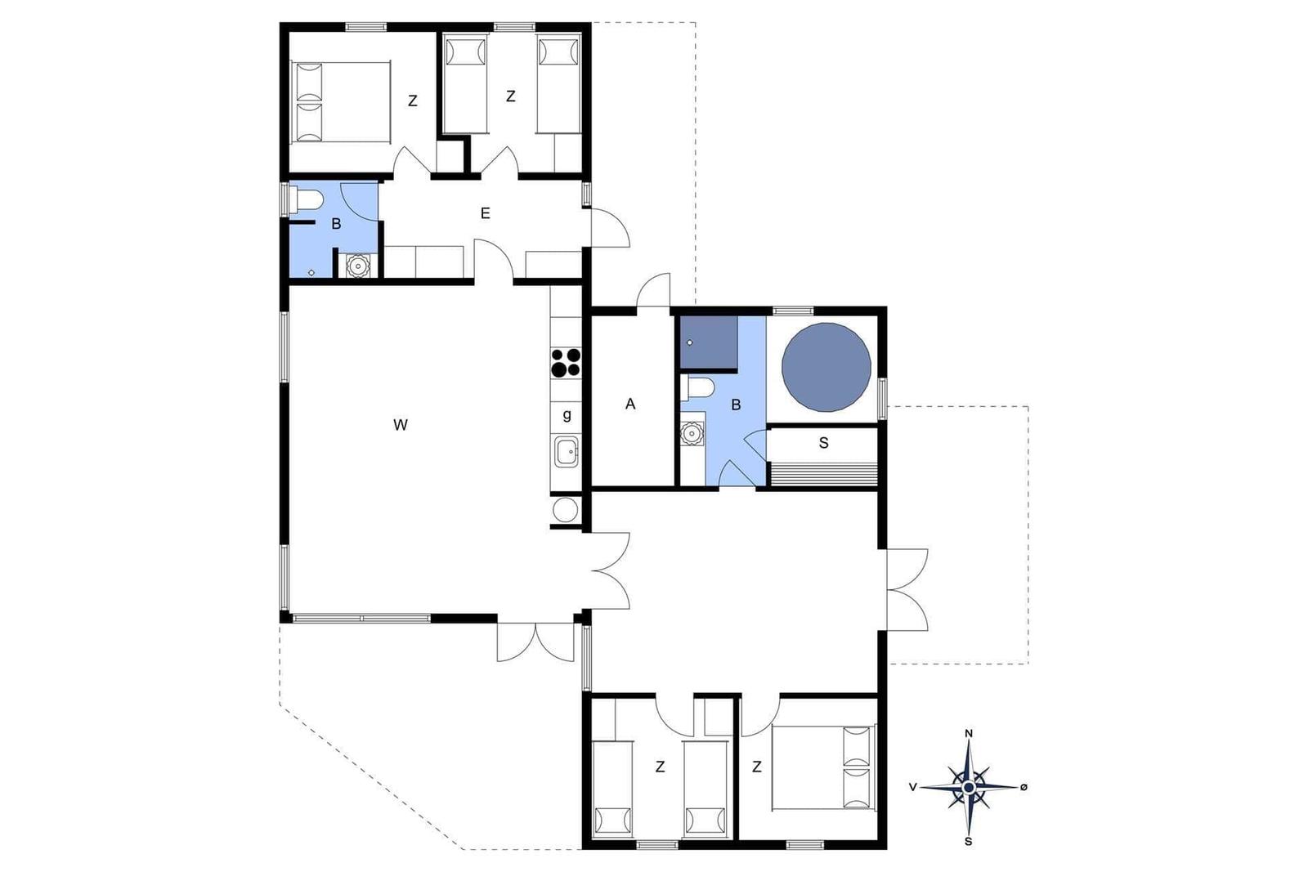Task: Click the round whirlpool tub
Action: click(x=826, y=367)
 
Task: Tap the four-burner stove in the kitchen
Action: click(x=566, y=362)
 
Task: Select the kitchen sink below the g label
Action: click(x=566, y=452)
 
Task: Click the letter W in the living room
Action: click(x=400, y=425)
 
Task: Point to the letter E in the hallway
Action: click(x=486, y=213)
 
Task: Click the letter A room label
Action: click(x=630, y=404)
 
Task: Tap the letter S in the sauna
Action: click(x=823, y=443)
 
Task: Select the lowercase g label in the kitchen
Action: click(x=567, y=416)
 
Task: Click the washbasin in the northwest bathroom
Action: click(x=356, y=266)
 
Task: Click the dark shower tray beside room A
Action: click(x=708, y=342)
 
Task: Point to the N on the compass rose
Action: click(x=969, y=734)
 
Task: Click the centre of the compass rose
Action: click(x=969, y=787)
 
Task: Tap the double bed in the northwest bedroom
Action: click(x=340, y=102)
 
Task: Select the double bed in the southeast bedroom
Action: click(x=823, y=767)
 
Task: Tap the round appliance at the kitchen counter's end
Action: click(x=565, y=509)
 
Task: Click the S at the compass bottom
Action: click(x=969, y=842)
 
